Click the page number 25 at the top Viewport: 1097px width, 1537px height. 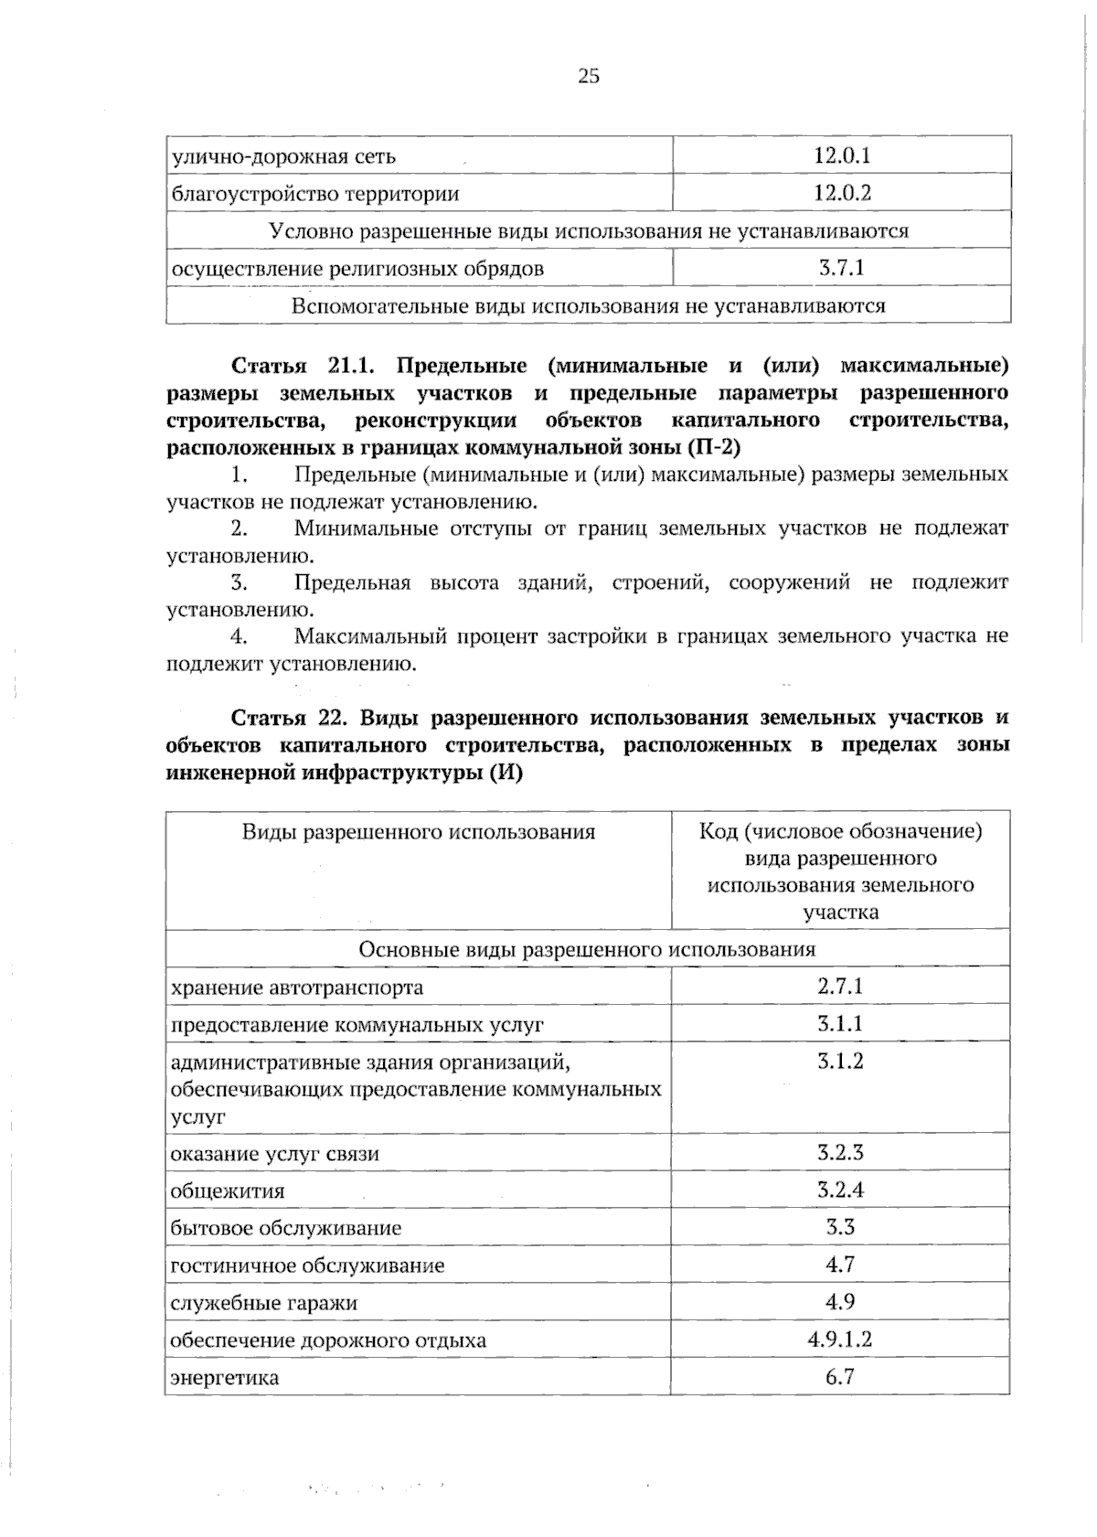(x=588, y=77)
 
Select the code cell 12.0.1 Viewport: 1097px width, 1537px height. (x=841, y=155)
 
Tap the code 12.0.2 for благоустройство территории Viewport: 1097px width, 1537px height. (x=841, y=193)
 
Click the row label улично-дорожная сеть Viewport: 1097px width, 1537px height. (x=283, y=156)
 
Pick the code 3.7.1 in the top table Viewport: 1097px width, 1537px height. (x=841, y=268)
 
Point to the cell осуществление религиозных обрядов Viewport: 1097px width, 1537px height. (x=357, y=269)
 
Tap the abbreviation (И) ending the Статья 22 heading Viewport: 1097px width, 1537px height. (x=506, y=774)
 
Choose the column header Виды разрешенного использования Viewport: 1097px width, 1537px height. (x=418, y=832)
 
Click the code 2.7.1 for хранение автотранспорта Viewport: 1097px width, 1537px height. (x=840, y=986)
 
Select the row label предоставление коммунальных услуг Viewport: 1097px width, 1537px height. (x=357, y=1025)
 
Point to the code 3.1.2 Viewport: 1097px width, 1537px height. (x=840, y=1061)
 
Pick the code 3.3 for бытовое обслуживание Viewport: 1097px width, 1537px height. (x=840, y=1227)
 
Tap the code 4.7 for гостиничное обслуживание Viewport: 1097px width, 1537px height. (x=840, y=1265)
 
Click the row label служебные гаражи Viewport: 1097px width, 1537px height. (x=263, y=1303)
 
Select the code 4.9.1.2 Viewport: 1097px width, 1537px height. (x=840, y=1340)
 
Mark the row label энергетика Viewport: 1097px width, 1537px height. (x=225, y=1378)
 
